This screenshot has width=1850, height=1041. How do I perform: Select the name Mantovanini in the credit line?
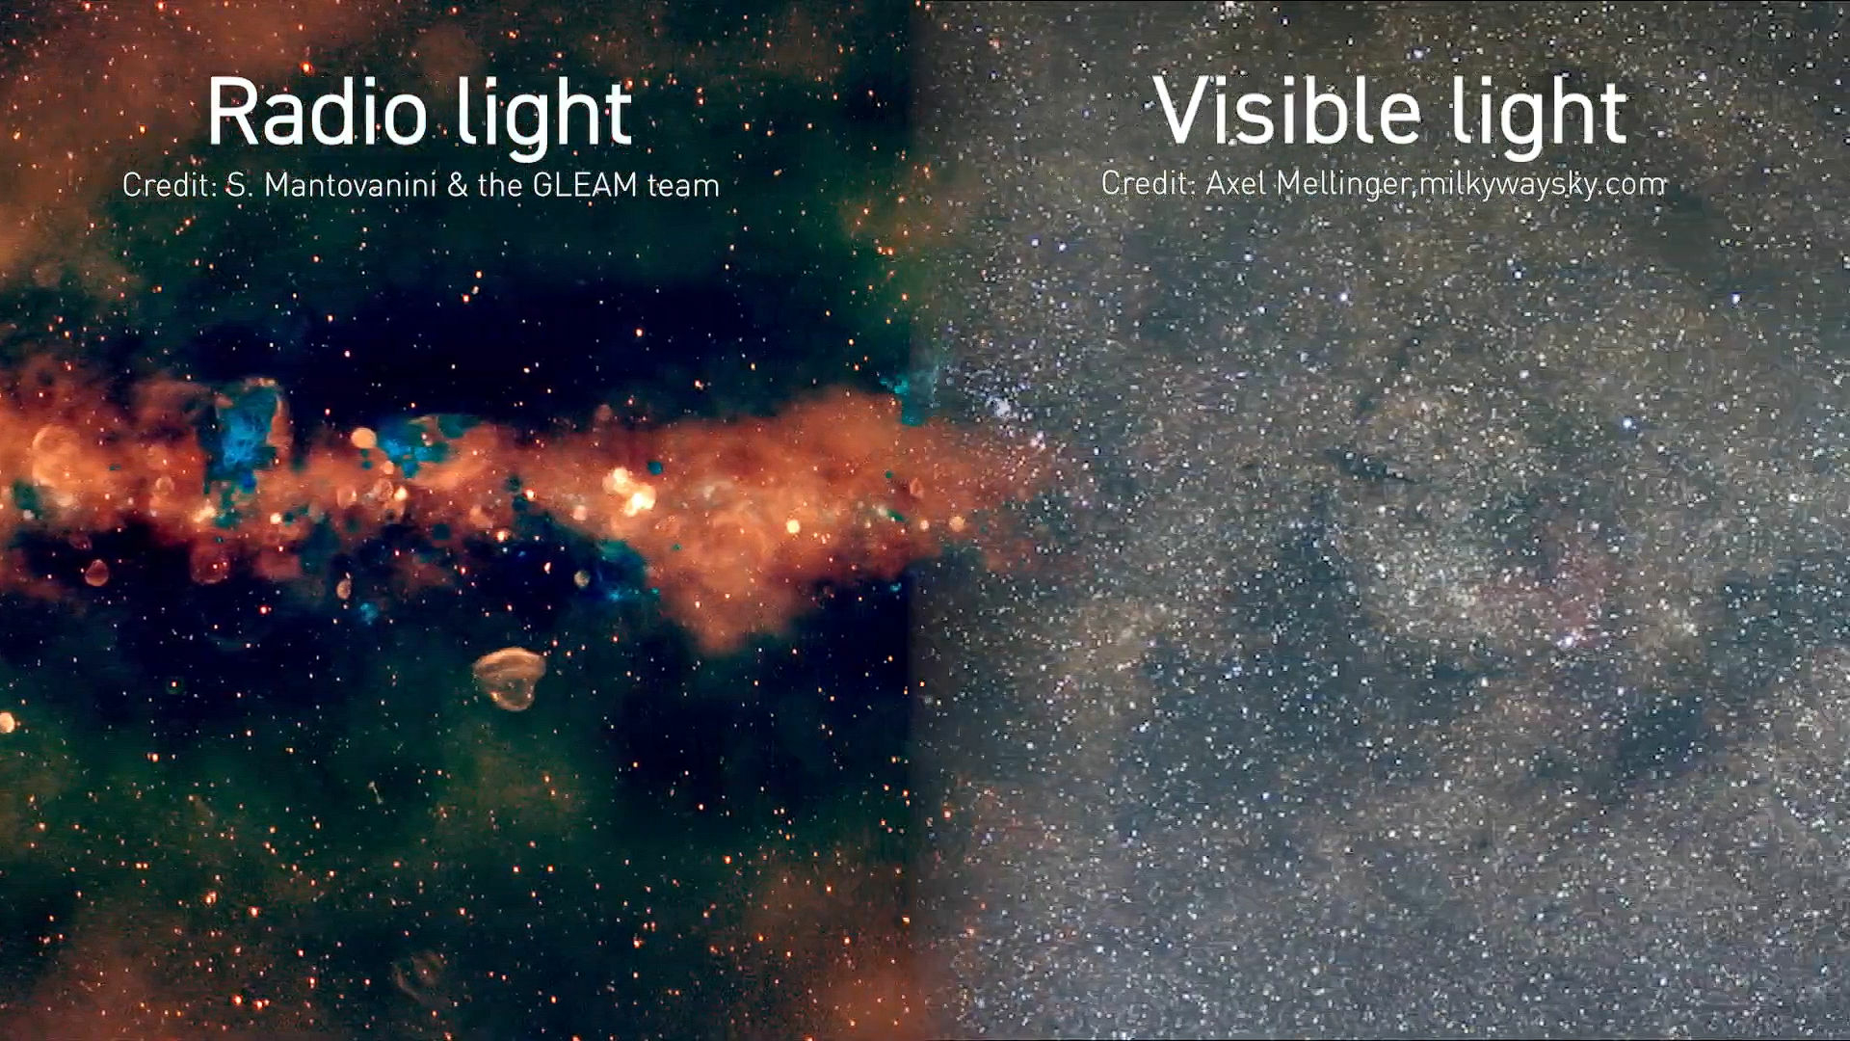(x=350, y=185)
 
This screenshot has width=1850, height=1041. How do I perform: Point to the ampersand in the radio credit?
(x=457, y=185)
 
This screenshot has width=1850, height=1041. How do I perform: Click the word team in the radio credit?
(x=683, y=185)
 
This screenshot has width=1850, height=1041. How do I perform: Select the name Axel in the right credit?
(x=1234, y=183)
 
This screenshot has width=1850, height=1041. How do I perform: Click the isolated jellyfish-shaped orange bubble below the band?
(x=509, y=677)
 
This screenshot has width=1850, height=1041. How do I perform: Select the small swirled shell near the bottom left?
(x=417, y=974)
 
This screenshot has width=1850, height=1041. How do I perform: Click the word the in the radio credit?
(x=500, y=185)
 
